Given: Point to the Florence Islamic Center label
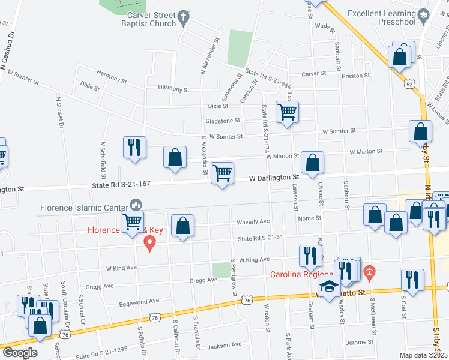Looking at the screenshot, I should point(84,208).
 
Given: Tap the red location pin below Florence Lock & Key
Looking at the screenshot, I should point(149,242).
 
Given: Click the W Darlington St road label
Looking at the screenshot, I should point(274,178).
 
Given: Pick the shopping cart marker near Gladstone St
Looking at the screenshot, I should point(288,111).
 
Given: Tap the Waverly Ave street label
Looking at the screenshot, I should point(253,221).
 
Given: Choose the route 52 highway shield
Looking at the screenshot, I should point(409,85).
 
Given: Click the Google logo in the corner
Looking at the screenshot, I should point(20,353).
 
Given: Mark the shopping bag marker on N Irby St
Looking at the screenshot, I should point(420,131).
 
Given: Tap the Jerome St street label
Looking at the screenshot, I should point(360,342).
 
